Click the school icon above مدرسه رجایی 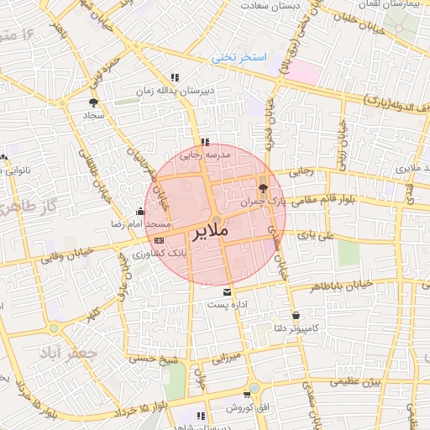204,142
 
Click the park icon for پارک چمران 263,188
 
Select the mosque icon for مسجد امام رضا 139,212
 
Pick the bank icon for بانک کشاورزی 159,241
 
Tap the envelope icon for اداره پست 225,291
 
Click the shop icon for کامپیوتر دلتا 296,315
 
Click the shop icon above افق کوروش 247,394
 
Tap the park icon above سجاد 92,102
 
